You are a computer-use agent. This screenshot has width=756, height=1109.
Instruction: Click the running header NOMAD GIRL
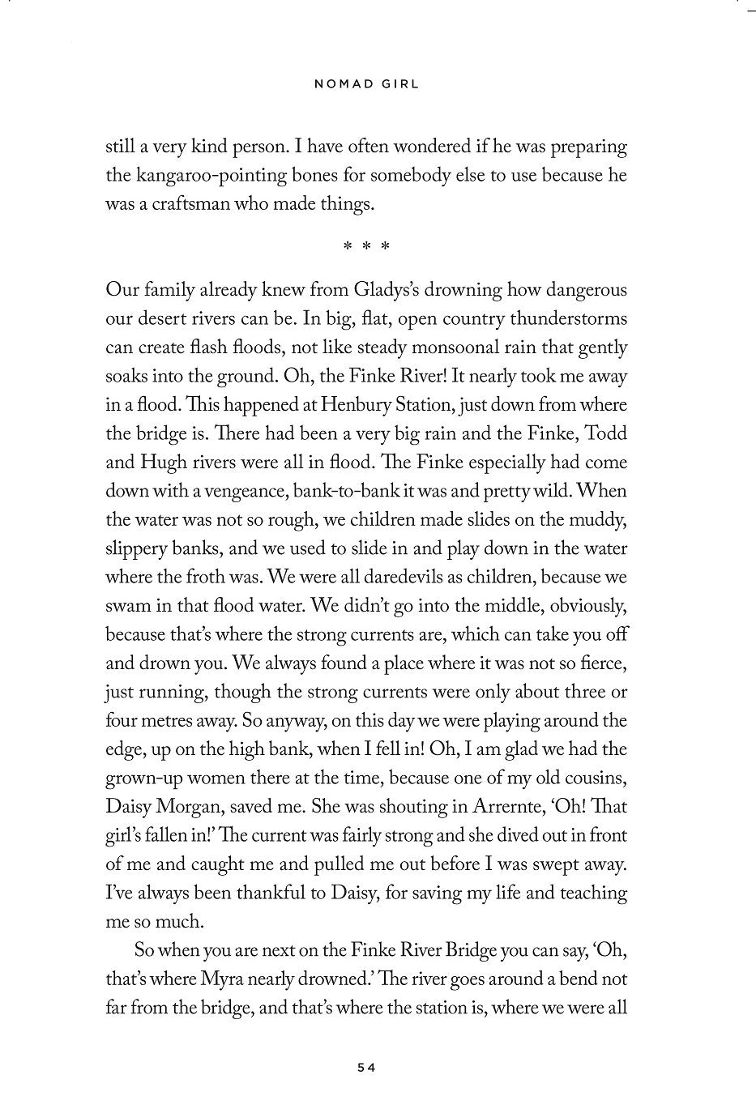[x=367, y=83]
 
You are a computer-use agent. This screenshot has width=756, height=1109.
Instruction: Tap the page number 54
[x=367, y=1068]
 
